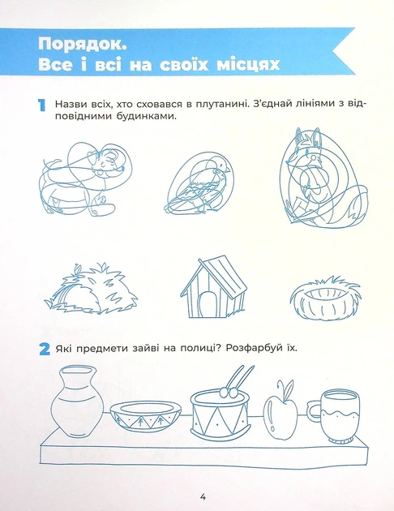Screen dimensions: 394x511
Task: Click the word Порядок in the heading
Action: (x=82, y=45)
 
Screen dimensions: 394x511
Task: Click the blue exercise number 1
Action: (x=41, y=105)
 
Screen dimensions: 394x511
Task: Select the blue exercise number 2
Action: (x=45, y=350)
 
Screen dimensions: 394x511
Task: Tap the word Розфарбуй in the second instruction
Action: (x=254, y=349)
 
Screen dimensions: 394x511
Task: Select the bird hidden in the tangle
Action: (x=199, y=184)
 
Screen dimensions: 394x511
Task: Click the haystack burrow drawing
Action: (x=91, y=290)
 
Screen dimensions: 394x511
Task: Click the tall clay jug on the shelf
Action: (x=77, y=401)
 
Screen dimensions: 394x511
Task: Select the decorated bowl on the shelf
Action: (x=146, y=416)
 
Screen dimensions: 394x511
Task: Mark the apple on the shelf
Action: (x=281, y=411)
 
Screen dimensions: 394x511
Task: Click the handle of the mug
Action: (x=314, y=410)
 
